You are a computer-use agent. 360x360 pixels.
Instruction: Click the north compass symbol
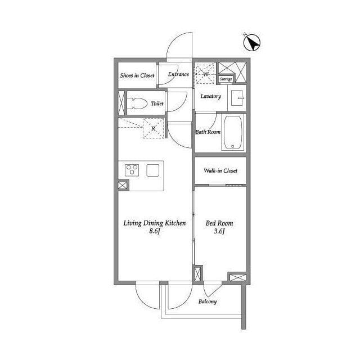[251, 43]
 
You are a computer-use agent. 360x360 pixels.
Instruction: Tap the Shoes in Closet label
[137, 75]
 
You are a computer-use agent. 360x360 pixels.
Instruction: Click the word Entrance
[178, 74]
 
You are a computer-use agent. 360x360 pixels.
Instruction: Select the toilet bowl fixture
[137, 103]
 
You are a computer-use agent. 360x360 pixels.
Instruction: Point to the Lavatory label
[210, 96]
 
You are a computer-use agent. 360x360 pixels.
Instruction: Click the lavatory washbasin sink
[237, 98]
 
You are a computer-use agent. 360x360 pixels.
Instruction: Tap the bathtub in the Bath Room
[233, 133]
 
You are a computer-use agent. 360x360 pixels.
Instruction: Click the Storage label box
[226, 79]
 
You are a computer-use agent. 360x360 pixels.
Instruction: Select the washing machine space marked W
[205, 74]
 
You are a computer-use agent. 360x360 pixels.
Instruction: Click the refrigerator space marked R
[154, 128]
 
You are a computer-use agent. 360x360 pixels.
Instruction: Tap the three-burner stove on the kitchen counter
[132, 170]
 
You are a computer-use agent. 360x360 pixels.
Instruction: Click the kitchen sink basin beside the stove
[153, 170]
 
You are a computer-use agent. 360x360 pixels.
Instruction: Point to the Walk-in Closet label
[220, 170]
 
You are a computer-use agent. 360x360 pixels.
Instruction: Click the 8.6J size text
[155, 231]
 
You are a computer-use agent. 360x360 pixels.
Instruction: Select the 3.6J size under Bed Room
[219, 231]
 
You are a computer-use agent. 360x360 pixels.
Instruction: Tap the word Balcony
[208, 301]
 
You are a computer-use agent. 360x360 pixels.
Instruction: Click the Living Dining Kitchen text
[155, 223]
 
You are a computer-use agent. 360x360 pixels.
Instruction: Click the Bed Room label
[219, 223]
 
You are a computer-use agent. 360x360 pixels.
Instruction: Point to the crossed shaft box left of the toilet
[121, 103]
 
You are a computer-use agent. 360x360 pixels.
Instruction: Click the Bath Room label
[208, 132]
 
